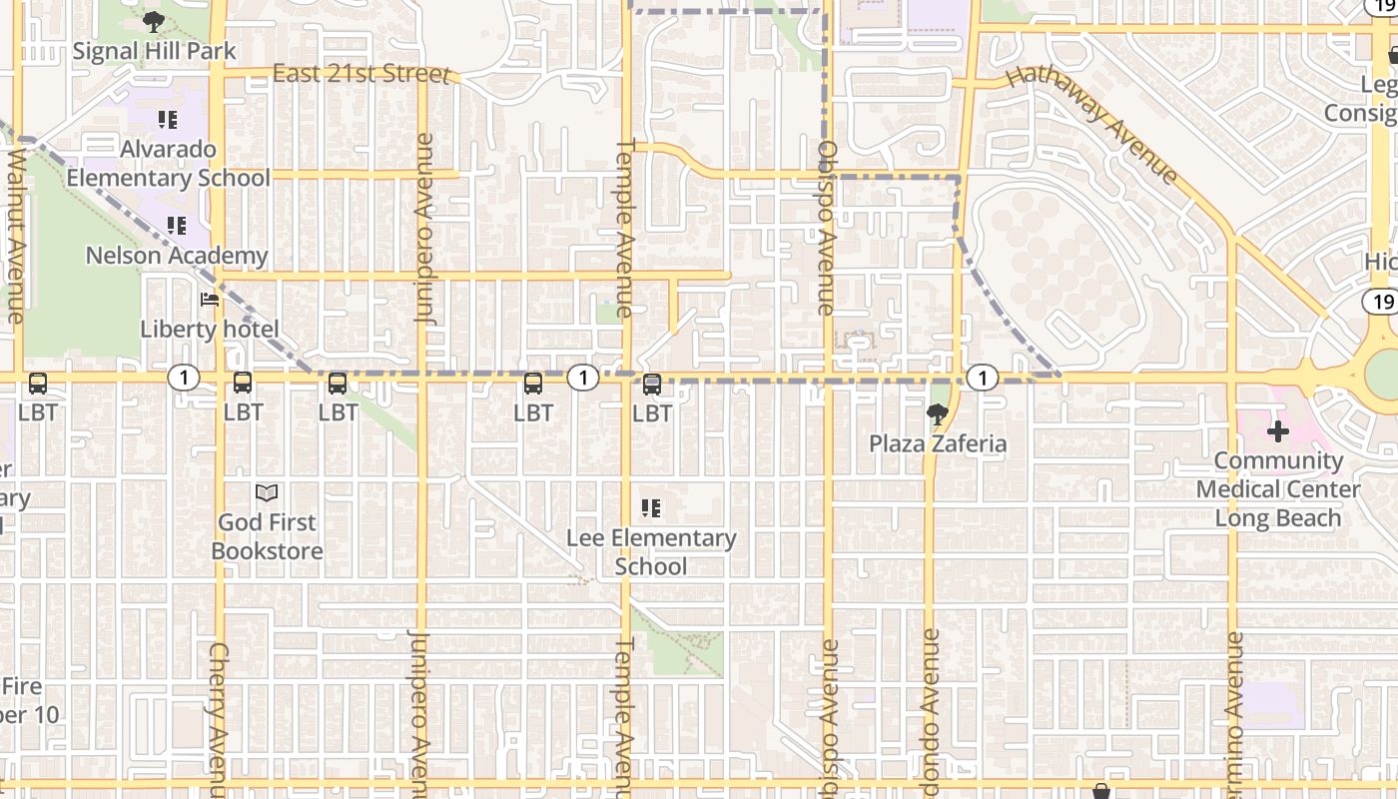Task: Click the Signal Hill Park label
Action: pos(155,51)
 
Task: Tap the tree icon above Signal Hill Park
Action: pos(153,21)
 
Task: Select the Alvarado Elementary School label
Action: pos(169,164)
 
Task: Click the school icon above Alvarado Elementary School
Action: pos(168,120)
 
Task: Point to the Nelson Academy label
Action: pos(177,256)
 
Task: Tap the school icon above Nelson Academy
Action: pos(177,226)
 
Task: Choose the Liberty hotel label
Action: pos(210,329)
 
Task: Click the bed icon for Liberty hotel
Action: pos(210,299)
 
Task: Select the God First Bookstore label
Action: pos(268,536)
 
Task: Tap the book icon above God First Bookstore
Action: pos(267,492)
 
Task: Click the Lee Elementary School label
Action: pos(651,552)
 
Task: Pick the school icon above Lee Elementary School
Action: pos(651,508)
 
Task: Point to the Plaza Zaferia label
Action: pos(938,443)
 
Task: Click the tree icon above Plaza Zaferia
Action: pos(937,413)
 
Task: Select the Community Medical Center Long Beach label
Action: pos(1278,489)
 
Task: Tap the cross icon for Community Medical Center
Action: pos(1277,432)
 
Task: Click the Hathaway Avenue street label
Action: pos(1092,124)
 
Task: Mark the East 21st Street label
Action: pos(361,74)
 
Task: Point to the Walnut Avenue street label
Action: pos(16,236)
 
